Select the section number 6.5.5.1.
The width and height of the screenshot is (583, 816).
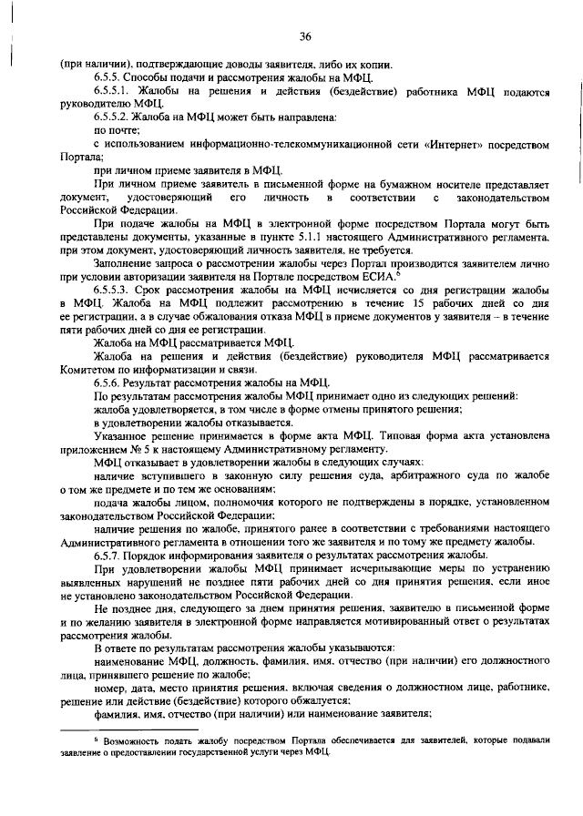[115, 92]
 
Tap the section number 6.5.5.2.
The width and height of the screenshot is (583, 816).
[115, 118]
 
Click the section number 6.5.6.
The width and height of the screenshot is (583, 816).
[109, 382]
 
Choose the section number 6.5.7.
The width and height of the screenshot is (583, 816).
[109, 555]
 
